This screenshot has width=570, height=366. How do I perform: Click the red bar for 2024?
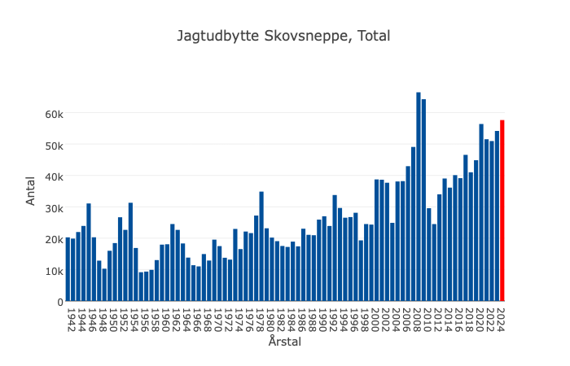[502, 211]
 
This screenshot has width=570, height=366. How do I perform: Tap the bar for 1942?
[68, 269]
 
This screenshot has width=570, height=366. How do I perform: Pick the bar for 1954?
[130, 252]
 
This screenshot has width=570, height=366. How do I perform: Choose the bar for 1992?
[335, 248]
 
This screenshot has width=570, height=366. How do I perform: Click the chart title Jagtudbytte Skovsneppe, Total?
[284, 36]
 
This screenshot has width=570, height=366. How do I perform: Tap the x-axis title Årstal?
[284, 342]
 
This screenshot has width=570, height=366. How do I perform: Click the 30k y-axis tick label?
[54, 208]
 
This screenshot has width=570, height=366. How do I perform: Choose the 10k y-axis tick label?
[54, 271]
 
